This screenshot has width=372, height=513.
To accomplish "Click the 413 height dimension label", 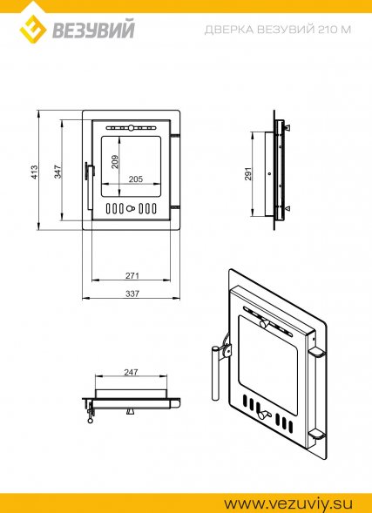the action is [34, 172].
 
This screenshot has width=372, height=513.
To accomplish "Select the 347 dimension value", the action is [57, 172].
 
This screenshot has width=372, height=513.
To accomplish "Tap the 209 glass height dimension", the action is [115, 161].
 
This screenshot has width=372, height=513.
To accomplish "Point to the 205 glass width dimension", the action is [135, 179].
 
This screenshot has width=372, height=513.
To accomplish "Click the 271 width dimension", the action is [132, 275].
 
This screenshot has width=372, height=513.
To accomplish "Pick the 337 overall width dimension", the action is [132, 294].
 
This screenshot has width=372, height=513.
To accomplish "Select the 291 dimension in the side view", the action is [248, 173].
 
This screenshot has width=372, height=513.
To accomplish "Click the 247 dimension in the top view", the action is [131, 372].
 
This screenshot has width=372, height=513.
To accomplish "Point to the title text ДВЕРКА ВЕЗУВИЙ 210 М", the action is [278, 30].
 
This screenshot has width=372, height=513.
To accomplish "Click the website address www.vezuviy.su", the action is [287, 503].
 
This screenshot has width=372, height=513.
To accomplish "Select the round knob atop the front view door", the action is [131, 127].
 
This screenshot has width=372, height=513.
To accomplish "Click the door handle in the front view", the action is [89, 186].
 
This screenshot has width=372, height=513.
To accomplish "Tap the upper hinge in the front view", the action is [175, 134].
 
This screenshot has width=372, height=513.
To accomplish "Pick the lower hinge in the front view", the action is [175, 206].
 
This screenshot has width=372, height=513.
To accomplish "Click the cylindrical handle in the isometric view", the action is [215, 374].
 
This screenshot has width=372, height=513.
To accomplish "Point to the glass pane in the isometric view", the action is [267, 363].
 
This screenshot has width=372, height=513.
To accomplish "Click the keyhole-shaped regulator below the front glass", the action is [131, 208].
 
